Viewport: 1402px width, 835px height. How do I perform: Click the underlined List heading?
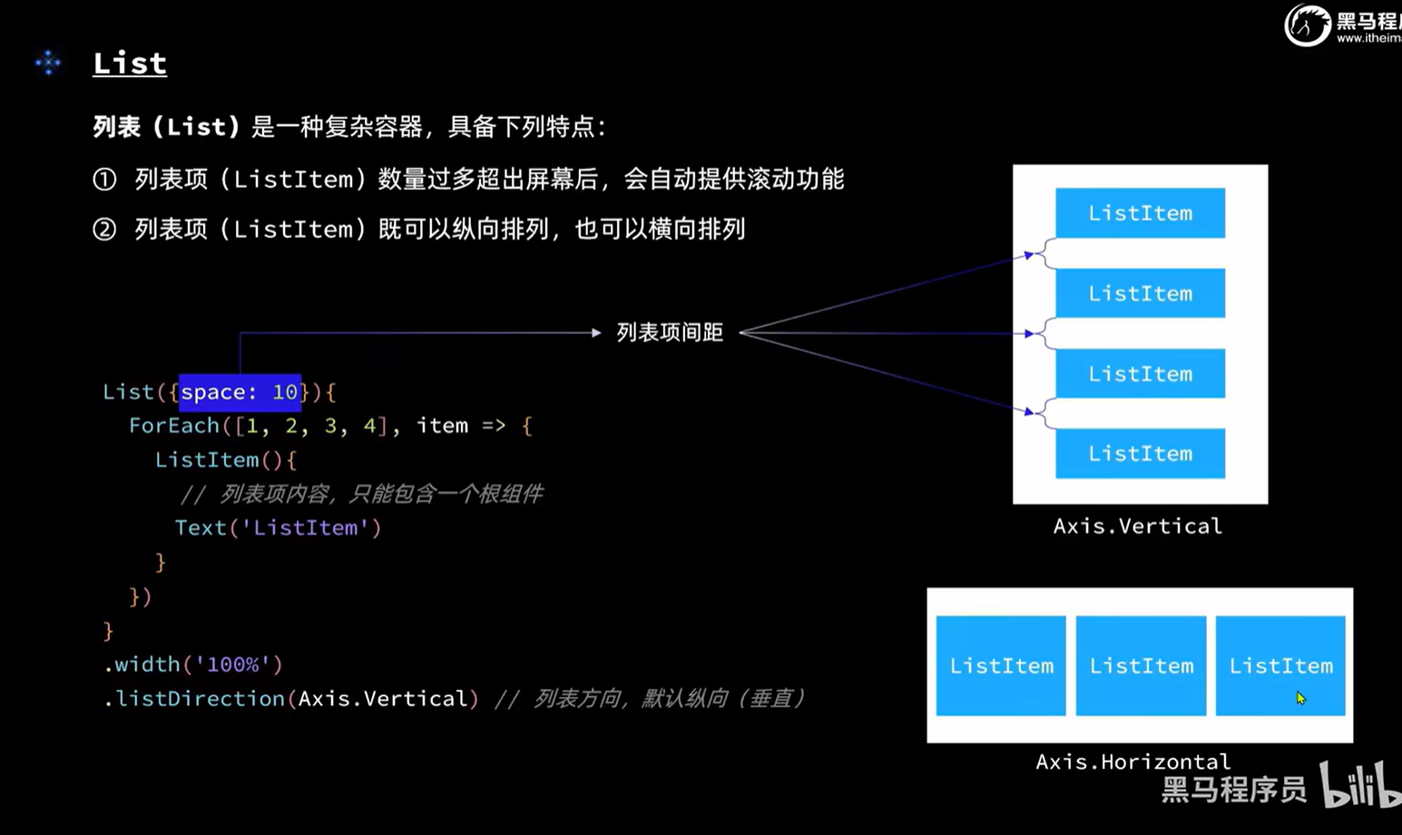[130, 64]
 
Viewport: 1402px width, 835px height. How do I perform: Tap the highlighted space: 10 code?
[240, 392]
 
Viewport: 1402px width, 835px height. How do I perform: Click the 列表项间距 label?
[670, 333]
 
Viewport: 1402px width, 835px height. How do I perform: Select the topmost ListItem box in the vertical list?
[1140, 213]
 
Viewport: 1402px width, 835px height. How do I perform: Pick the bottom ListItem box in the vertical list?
[1140, 454]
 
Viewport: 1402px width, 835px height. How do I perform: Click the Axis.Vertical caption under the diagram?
[1137, 526]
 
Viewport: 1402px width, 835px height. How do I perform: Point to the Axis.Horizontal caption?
[1132, 761]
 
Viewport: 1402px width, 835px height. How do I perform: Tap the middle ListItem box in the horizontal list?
[1141, 666]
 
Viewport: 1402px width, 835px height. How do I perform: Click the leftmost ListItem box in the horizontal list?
[1001, 666]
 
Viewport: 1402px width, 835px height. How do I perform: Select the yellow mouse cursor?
[1300, 698]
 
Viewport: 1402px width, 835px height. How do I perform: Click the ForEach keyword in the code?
[174, 426]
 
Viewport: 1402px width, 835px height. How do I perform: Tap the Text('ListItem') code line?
[278, 528]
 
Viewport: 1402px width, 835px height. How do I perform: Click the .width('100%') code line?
[193, 664]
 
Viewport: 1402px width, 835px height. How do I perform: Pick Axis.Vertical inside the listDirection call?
[382, 699]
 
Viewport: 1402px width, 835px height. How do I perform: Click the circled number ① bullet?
[104, 180]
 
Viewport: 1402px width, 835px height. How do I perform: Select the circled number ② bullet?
[104, 229]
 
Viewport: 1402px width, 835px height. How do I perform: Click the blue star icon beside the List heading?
[48, 63]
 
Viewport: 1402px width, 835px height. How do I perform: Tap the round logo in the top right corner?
[1307, 25]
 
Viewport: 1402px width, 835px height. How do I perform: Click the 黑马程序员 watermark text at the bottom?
[1233, 790]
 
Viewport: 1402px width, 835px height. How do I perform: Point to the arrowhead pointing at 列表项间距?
[596, 333]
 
